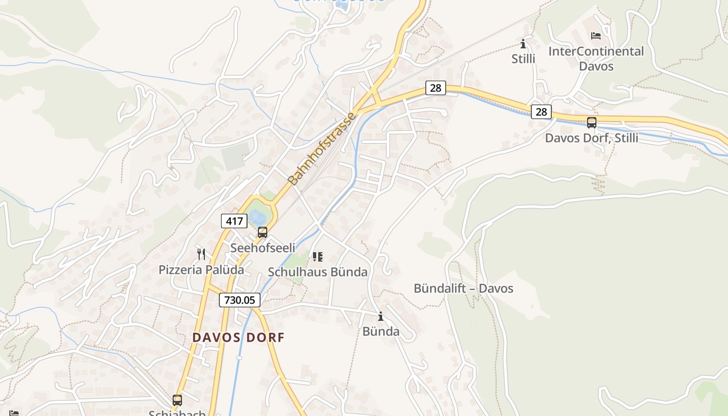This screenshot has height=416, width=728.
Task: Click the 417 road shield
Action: coord(234,221)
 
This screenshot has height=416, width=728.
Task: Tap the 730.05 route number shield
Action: coord(239,300)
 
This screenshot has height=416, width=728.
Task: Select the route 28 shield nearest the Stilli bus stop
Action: coord(541,112)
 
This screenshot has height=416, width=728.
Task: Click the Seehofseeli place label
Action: coord(263,248)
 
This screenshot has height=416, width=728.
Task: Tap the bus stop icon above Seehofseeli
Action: coord(263,232)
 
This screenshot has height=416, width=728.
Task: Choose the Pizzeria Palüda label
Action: coord(201,270)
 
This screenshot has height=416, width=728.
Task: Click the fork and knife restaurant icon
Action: coord(201,254)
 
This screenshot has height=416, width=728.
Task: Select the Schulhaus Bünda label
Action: coord(317,272)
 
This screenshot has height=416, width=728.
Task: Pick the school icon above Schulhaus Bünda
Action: coord(318,256)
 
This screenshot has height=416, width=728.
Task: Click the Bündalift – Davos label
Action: coord(463,289)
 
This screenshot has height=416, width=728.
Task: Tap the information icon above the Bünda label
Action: coord(381,316)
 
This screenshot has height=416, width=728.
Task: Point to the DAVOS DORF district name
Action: coord(239,337)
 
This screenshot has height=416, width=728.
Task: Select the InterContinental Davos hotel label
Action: coord(596,59)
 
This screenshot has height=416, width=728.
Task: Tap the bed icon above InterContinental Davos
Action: coord(596,36)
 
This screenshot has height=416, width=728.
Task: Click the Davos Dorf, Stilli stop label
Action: coord(591,138)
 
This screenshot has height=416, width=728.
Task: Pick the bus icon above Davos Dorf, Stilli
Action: coord(592,123)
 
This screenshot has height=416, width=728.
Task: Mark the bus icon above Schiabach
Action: coord(177,400)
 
